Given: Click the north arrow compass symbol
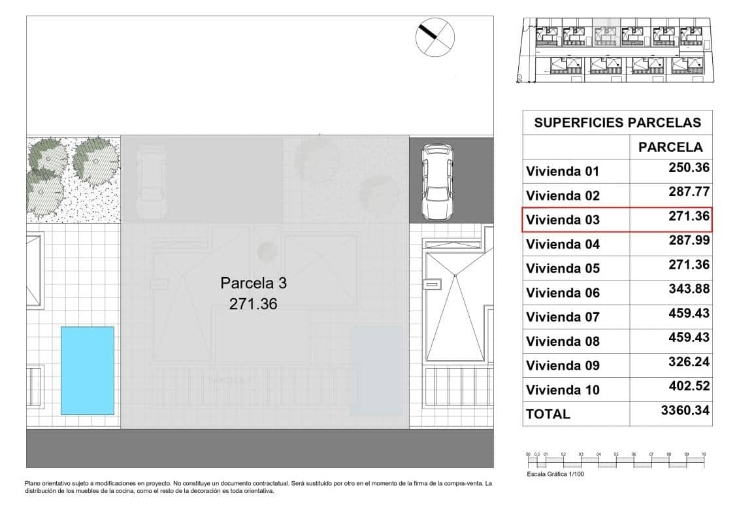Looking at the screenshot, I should pyautogui.click(x=435, y=36).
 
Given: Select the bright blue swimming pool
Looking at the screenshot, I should pyautogui.click(x=88, y=370).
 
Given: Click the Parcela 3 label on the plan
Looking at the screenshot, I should pyautogui.click(x=254, y=284).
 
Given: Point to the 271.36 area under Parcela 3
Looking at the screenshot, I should pyautogui.click(x=254, y=303).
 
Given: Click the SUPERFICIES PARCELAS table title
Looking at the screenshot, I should pyautogui.click(x=617, y=122).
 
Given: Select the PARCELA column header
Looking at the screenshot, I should pyautogui.click(x=670, y=147).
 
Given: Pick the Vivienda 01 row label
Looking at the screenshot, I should pyautogui.click(x=563, y=172).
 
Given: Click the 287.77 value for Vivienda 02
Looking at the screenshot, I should pyautogui.click(x=689, y=192).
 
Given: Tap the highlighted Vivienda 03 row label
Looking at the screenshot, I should pyautogui.click(x=563, y=220).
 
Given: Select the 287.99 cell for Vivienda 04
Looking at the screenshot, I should pyautogui.click(x=689, y=241).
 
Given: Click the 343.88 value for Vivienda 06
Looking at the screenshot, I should pyautogui.click(x=689, y=289).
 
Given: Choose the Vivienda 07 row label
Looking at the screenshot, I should pyautogui.click(x=563, y=317).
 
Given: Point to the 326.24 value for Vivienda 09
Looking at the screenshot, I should pyautogui.click(x=689, y=362).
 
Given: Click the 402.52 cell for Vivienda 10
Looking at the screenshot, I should pyautogui.click(x=689, y=386).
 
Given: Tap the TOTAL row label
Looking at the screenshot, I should pyautogui.click(x=548, y=414).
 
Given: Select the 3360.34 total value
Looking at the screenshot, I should pyautogui.click(x=684, y=411).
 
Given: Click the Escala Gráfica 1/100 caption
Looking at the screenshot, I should pyautogui.click(x=555, y=475).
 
